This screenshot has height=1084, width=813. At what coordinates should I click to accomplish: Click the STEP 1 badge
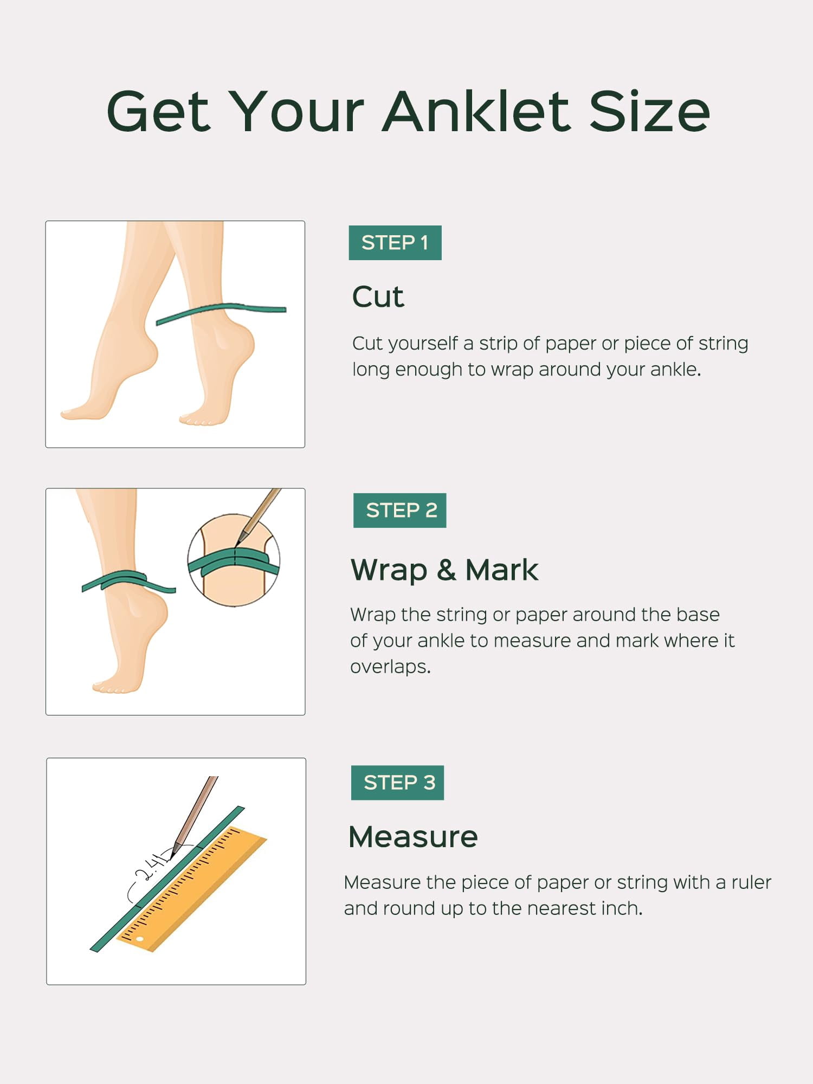(395, 243)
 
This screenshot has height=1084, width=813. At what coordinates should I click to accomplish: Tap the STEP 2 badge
(399, 511)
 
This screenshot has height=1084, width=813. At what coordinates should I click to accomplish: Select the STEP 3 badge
(397, 783)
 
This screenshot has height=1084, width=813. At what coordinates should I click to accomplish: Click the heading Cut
(378, 297)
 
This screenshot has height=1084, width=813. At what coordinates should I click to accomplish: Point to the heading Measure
(413, 837)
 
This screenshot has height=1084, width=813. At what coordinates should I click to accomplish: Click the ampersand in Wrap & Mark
(446, 570)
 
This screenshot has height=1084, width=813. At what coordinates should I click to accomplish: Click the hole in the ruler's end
(140, 938)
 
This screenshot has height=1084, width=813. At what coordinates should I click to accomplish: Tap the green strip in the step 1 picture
(221, 313)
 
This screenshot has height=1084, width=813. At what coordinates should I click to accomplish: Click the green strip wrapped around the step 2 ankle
(128, 581)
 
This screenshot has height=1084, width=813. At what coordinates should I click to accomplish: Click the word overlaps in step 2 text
(390, 667)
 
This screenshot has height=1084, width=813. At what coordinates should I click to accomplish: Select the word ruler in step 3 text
(751, 882)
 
